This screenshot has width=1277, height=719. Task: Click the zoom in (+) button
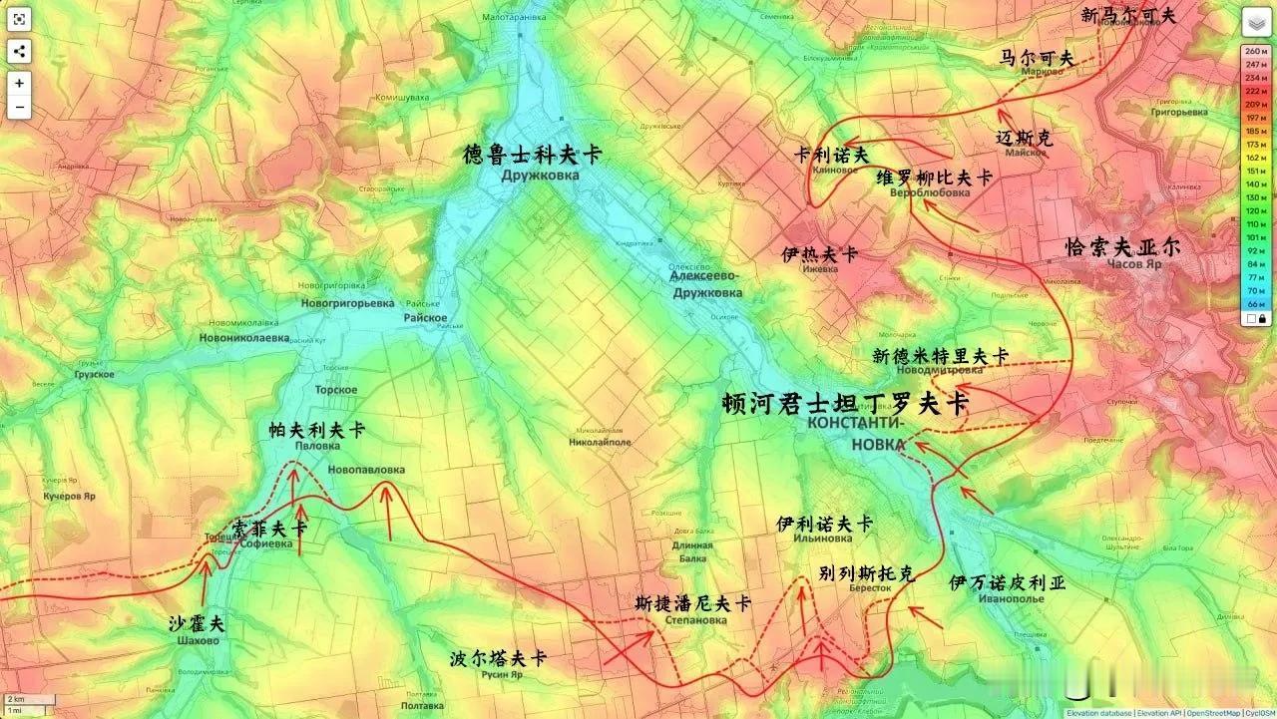click(x=19, y=83)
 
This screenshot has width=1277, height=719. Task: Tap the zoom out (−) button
click(x=19, y=107)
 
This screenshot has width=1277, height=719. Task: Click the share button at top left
click(x=19, y=52)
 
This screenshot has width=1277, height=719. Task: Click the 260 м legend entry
click(x=1253, y=51)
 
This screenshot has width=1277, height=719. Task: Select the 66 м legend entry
click(x=1253, y=302)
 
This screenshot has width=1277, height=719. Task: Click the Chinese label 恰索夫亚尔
click(x=1122, y=246)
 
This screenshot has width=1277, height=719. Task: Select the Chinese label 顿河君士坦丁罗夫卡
click(x=845, y=404)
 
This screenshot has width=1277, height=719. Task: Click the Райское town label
click(x=425, y=318)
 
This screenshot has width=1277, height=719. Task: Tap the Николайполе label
click(x=600, y=441)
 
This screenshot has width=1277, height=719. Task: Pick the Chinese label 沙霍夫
click(x=197, y=624)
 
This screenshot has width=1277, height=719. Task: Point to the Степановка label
click(x=695, y=620)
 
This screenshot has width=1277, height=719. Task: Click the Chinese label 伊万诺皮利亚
click(x=1007, y=582)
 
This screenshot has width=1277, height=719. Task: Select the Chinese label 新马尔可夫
click(x=1128, y=15)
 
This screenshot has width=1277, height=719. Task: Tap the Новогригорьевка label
click(x=347, y=302)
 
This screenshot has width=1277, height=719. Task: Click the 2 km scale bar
click(x=15, y=700)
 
